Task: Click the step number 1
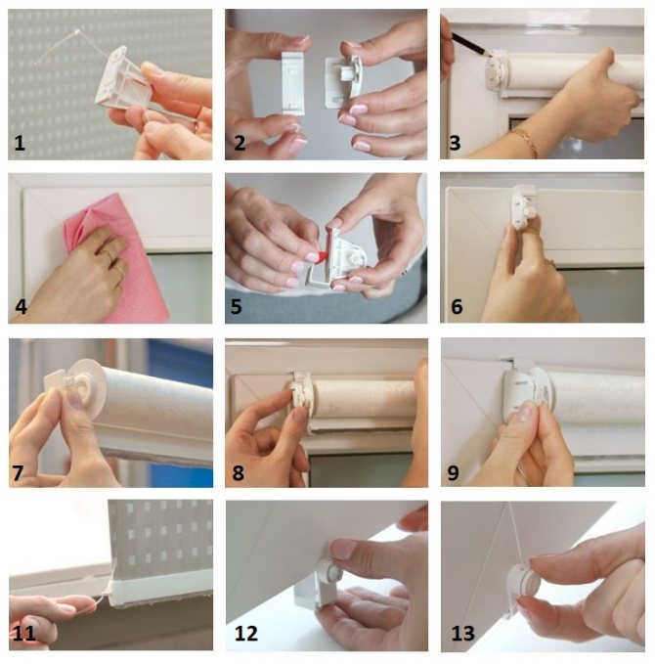coord(20,143)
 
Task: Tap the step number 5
coord(237,306)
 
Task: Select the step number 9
coord(453,472)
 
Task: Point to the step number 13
coord(462,634)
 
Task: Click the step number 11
coord(24,634)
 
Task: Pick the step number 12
coord(246,634)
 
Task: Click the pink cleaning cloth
coord(115,258)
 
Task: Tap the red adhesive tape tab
coord(322,255)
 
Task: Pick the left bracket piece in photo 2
coord(292,83)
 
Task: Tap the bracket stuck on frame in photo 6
coord(525,206)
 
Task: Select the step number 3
coord(455,143)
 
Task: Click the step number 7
coord(19,472)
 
